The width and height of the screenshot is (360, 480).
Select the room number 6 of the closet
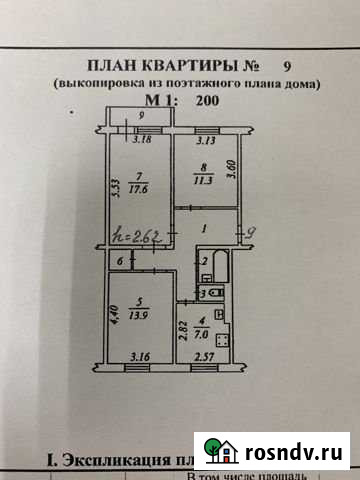click(121, 261)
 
